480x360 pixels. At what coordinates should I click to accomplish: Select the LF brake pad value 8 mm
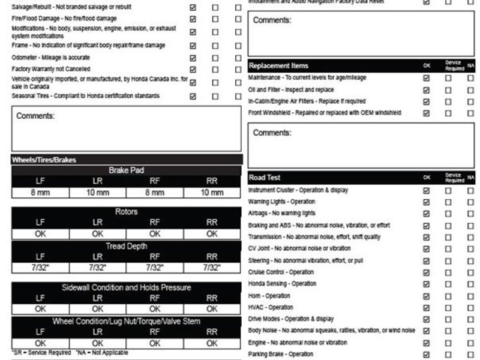click(40, 193)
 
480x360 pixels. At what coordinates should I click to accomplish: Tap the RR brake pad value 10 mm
click(212, 193)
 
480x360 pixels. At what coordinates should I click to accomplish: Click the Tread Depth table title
click(126, 246)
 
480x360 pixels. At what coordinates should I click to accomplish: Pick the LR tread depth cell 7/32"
click(98, 268)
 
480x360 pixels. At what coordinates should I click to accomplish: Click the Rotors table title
click(126, 212)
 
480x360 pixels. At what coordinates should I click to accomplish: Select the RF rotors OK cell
click(155, 234)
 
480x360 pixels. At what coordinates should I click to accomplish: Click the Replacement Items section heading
click(278, 65)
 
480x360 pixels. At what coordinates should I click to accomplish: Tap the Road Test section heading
click(265, 178)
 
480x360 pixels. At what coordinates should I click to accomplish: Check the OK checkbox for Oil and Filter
click(427, 90)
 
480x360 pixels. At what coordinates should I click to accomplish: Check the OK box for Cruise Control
click(427, 272)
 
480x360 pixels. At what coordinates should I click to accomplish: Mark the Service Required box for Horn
click(448, 296)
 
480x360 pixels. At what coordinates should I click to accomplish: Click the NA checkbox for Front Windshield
click(470, 113)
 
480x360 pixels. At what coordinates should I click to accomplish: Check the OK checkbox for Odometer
click(193, 58)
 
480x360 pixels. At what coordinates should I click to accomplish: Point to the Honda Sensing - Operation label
click(282, 284)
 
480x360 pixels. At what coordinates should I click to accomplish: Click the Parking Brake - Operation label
click(280, 354)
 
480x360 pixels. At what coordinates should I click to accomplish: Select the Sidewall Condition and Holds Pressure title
click(126, 287)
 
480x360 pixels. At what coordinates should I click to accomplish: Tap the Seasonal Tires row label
click(85, 96)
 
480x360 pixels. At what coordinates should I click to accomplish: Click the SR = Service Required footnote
click(40, 353)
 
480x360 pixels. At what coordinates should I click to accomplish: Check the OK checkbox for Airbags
click(427, 214)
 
